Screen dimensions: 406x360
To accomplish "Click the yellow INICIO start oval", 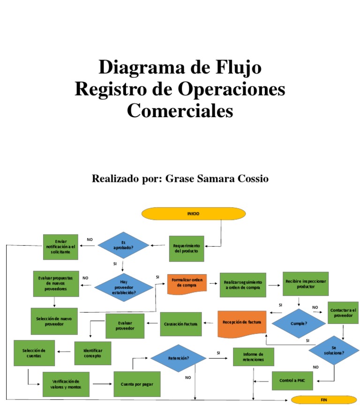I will [x=193, y=213].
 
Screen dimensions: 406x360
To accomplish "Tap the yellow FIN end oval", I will [x=323, y=400].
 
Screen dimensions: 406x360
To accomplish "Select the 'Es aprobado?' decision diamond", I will [x=123, y=245].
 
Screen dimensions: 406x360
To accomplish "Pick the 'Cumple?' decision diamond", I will [x=299, y=323].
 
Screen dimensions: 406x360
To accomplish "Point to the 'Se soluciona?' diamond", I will [x=334, y=350].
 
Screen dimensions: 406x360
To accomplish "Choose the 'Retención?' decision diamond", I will [x=178, y=358].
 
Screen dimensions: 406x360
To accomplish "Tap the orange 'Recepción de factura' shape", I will [x=242, y=324].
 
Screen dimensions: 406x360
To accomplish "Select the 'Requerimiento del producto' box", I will [x=187, y=248].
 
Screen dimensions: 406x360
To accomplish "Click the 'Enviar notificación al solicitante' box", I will [x=61, y=247].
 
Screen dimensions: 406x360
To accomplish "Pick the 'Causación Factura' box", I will [x=181, y=324].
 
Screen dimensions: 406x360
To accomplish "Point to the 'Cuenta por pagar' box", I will [x=137, y=384].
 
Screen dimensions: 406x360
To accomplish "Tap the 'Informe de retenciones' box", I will [x=253, y=357].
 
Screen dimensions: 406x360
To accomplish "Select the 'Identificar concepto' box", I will [x=92, y=353].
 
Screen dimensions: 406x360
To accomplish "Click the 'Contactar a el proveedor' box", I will [x=343, y=313].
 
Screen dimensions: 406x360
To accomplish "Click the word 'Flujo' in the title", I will [x=238, y=68].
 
